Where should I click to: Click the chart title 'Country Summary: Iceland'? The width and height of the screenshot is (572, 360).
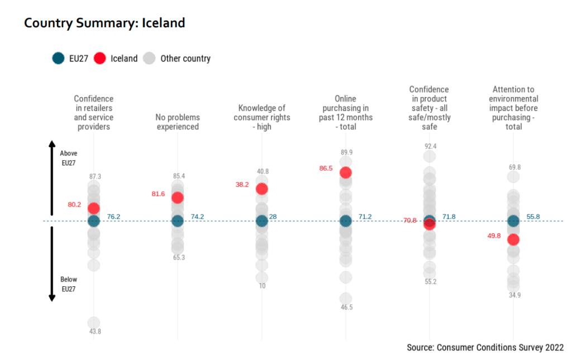coord(104,23)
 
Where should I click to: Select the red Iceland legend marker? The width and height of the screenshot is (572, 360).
coord(101,58)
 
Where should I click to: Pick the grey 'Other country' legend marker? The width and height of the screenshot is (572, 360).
coord(149,58)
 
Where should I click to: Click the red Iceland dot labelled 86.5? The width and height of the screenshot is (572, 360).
coord(345,172)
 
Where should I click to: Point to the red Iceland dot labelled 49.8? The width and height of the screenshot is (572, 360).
coord(513,239)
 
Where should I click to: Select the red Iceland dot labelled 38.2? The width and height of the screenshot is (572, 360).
coord(261,189)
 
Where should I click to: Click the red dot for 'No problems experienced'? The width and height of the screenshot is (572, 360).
coord(178,197)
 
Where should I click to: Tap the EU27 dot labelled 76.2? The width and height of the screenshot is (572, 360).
coord(94,220)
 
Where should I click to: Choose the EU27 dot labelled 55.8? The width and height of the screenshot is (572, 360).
coord(513,220)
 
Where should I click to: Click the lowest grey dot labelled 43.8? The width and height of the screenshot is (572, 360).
coord(94,323)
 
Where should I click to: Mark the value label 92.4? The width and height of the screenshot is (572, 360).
coord(430,146)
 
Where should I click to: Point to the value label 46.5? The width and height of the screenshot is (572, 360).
coord(346,307)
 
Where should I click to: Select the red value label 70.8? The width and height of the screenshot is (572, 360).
coord(410,220)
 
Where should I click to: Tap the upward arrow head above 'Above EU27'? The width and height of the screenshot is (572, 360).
coord(52,143)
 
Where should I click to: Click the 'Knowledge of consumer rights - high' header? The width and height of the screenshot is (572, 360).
coord(261,117)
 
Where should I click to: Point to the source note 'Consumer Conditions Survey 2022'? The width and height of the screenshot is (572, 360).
coord(485,348)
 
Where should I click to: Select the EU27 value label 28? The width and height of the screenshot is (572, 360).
coord(273,217)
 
